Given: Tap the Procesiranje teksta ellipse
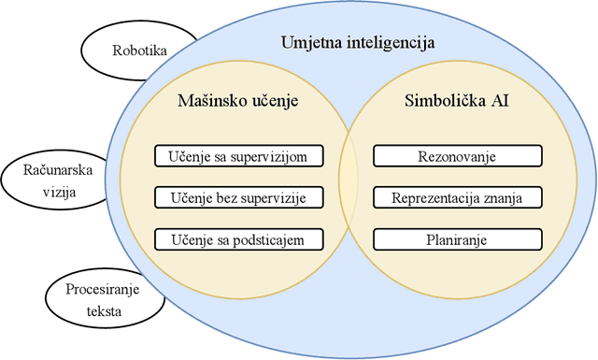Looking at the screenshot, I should coord(98,300).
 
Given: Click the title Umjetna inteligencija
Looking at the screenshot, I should coord(358,42).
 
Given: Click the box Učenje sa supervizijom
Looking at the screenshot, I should coord(240,155).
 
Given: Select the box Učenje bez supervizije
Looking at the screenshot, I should coord(240,197).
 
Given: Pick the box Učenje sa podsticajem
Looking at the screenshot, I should coord(240,239).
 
